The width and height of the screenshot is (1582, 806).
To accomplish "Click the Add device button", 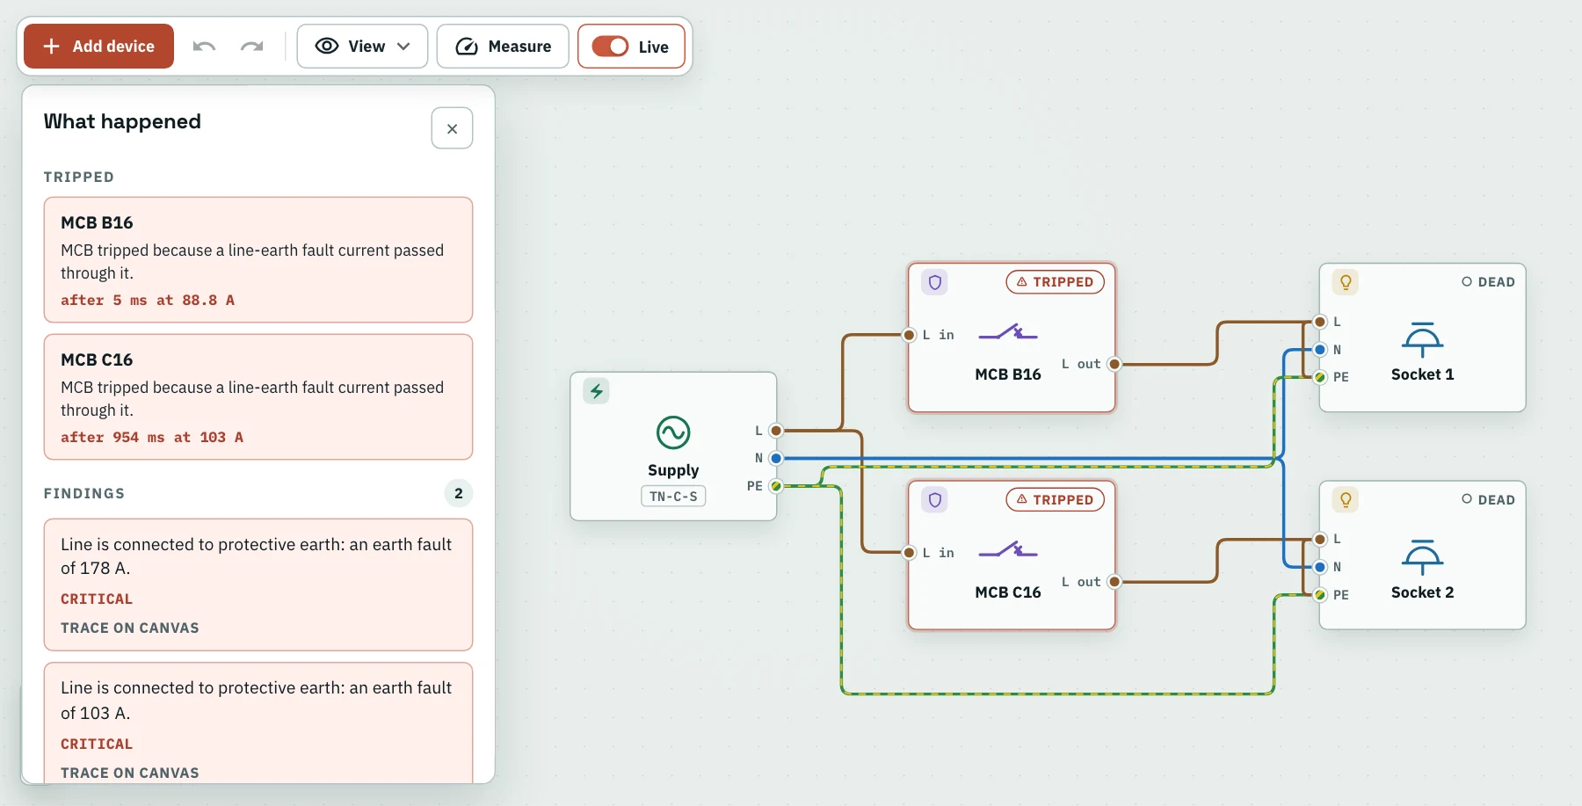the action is tap(98, 46).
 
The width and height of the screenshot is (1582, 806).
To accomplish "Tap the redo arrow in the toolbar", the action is tap(251, 46).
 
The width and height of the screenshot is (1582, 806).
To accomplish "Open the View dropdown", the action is tap(362, 46).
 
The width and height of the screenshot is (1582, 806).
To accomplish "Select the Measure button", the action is tap(503, 46).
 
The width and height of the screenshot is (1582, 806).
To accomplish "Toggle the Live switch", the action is tap(610, 46).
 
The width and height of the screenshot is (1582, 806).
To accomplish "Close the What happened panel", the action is tap(452, 128).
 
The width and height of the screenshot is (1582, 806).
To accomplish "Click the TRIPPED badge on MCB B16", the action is tap(1055, 281).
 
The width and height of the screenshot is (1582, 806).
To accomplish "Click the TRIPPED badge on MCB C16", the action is tap(1055, 499).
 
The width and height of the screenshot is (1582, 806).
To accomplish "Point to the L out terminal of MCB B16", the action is tap(1114, 364).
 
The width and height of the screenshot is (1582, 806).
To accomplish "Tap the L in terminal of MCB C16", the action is tap(910, 553).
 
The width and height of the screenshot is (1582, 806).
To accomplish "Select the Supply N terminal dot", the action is tap(776, 458).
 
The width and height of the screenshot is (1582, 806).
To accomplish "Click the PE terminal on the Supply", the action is tap(776, 486).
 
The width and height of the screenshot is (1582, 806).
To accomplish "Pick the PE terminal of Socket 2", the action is tap(1320, 595).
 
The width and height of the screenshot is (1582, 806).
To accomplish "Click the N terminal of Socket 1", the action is tap(1320, 350).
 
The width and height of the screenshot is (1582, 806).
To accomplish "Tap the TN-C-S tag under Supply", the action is tap(673, 497).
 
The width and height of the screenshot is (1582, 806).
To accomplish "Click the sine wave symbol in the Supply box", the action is tap(673, 432).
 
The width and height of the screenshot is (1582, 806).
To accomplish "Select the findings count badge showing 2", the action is tap(459, 493).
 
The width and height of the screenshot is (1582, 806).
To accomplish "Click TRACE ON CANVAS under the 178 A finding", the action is tap(130, 628).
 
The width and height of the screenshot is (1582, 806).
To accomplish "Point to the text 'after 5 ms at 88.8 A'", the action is tap(148, 300).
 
